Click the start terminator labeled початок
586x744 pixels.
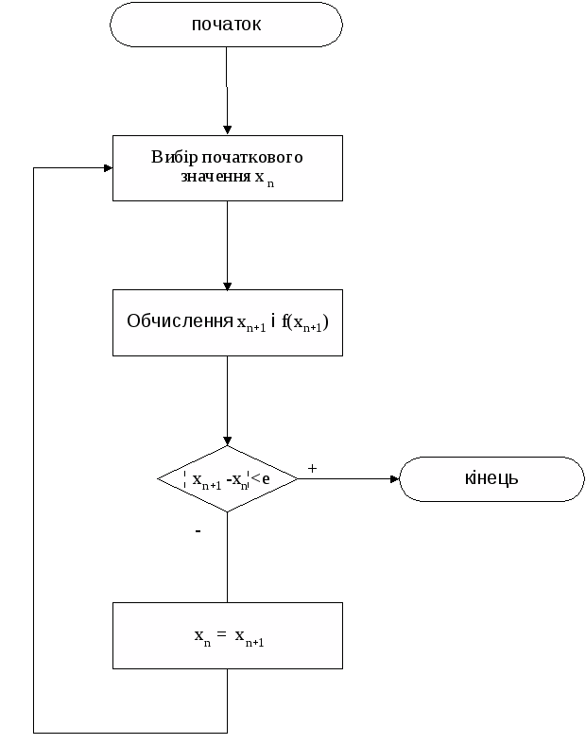(x=226, y=25)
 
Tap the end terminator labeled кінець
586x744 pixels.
(x=491, y=478)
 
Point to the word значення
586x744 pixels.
(x=215, y=177)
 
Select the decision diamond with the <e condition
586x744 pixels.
(x=227, y=479)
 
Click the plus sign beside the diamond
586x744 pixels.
(x=312, y=469)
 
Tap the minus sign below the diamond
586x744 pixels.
(x=198, y=532)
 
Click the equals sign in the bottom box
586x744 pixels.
(x=221, y=635)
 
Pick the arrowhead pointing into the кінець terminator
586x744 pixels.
(x=394, y=479)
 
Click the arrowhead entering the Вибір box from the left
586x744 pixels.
(x=107, y=167)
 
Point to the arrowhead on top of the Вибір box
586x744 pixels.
(x=227, y=130)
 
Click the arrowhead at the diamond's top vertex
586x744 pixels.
(x=227, y=441)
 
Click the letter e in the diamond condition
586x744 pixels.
(x=267, y=479)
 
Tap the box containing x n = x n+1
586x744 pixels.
(x=227, y=635)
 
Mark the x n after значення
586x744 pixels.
(x=264, y=179)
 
